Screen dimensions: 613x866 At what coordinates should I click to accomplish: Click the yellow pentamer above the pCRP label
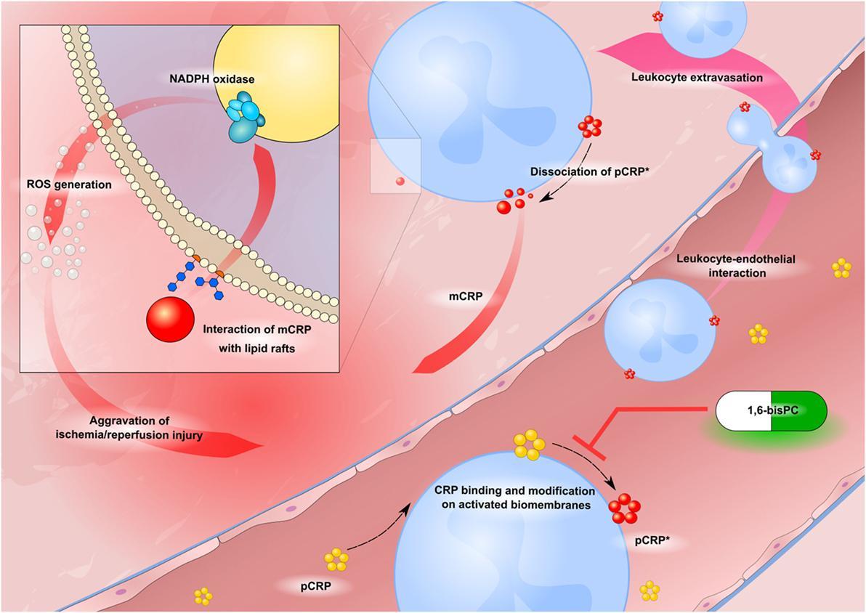336,559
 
